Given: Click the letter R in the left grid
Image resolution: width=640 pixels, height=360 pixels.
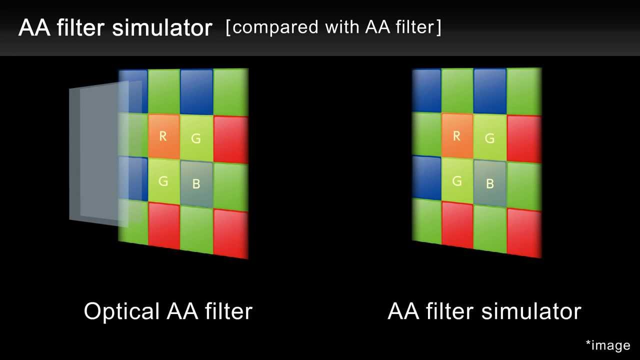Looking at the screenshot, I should tap(163, 136).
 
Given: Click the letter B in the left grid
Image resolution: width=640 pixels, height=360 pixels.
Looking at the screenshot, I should tap(196, 184).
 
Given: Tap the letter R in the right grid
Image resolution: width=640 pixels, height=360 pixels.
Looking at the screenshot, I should tap(456, 136).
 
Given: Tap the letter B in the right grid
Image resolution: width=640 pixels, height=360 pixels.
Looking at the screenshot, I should tap(490, 184).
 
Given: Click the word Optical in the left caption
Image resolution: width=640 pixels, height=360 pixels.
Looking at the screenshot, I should tap(122, 311).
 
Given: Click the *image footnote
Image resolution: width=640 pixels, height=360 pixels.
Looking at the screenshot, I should tap(608, 345).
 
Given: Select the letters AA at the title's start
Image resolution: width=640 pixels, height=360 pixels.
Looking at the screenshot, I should tap(34, 28).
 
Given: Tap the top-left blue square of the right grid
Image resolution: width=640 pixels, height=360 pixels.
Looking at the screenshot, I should tap(426, 90).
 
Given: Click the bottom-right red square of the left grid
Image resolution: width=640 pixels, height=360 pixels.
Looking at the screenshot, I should tap(231, 234).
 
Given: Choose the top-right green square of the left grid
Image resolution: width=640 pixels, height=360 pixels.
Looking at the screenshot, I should tap(231, 92).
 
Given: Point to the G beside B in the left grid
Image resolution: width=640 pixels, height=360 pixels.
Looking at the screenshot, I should tap(163, 181).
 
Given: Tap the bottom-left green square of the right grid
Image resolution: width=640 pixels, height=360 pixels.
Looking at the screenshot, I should tap(426, 220).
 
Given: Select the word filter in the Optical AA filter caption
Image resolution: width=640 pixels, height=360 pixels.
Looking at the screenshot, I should tap(228, 311).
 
